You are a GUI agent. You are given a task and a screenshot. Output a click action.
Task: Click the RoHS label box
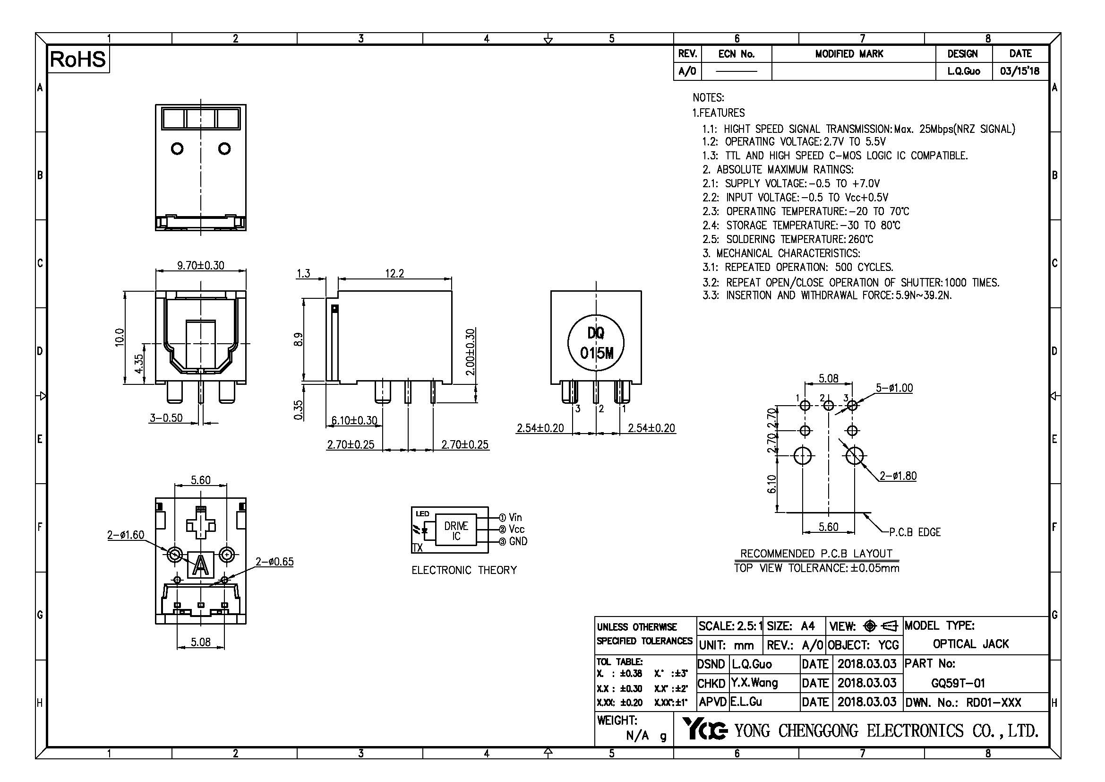77,59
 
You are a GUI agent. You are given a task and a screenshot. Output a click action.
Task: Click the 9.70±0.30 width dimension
200,265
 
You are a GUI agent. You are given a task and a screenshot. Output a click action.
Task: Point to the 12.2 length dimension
394,273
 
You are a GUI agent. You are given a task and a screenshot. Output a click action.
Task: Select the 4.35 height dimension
138,364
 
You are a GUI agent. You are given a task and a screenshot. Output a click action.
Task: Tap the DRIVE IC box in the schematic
456,530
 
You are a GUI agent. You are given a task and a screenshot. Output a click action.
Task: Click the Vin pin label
515,518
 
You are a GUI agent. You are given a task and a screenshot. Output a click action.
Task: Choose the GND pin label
518,541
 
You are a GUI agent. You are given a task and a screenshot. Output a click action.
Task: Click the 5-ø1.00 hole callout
894,388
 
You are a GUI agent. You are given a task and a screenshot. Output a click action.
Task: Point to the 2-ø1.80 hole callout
898,476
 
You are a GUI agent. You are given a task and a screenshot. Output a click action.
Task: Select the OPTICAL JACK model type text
970,644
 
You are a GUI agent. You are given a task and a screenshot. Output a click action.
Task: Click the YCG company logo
704,730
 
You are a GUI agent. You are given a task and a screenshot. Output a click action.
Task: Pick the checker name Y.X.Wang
754,683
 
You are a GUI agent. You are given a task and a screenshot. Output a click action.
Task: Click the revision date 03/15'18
1019,71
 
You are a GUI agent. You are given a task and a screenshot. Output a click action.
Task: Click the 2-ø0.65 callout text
274,562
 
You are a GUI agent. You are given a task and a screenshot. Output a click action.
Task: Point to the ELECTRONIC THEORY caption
464,570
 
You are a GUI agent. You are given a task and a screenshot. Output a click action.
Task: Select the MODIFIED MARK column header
849,54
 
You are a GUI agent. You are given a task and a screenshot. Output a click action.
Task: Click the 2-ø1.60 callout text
125,535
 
